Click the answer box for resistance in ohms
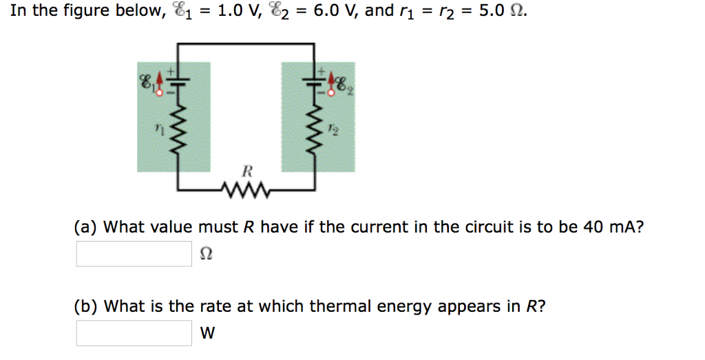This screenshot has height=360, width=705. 134,253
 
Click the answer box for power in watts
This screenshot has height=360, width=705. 134,333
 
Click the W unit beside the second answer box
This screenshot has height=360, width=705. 207,334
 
